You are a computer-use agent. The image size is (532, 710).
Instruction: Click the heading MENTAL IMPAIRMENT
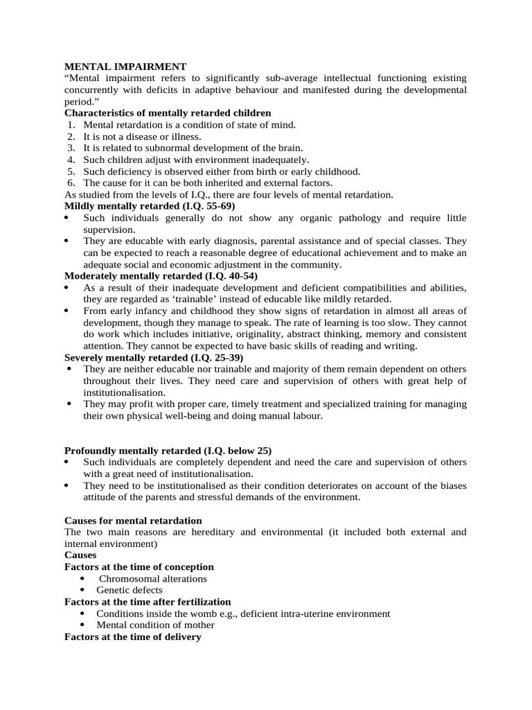point(125,67)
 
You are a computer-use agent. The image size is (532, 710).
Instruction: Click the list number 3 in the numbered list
point(71,148)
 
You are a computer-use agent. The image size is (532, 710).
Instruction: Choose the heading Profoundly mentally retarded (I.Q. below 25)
point(163,450)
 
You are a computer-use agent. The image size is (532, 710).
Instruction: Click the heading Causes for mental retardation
point(133,520)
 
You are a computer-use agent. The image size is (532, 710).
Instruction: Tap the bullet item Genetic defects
point(130,590)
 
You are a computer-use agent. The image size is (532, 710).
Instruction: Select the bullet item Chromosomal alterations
point(153,578)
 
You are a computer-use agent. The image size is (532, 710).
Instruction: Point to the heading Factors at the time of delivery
point(132,637)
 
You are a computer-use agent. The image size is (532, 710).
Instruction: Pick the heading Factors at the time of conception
point(139,566)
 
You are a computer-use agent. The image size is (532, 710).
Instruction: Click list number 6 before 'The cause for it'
point(71,183)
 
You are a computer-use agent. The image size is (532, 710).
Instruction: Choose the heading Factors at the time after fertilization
point(148,602)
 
